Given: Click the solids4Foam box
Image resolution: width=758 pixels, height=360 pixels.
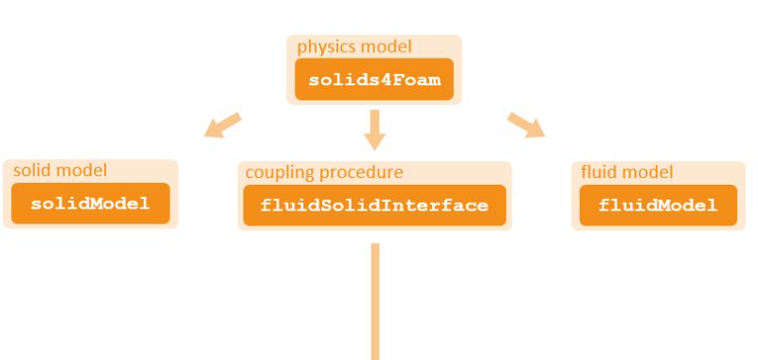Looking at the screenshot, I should (x=374, y=80).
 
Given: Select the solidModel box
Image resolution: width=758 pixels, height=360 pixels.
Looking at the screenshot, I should (x=90, y=204).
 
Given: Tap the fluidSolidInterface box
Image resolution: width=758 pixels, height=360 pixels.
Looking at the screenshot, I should (x=374, y=205).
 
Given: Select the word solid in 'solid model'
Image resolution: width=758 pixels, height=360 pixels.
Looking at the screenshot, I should (x=31, y=171).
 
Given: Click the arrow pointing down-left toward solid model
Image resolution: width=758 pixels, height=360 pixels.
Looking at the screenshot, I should (x=223, y=125).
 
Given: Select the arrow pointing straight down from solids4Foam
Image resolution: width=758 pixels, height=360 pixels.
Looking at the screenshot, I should (x=375, y=129).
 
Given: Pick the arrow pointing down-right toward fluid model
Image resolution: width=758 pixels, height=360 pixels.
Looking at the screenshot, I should (x=527, y=125).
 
